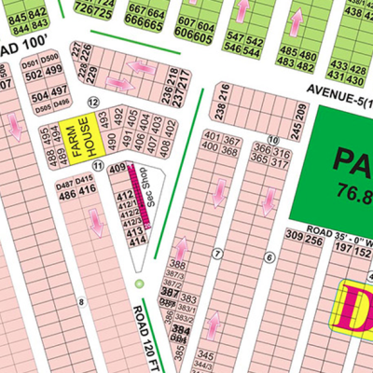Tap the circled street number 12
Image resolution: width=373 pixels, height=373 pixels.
tap(92, 102)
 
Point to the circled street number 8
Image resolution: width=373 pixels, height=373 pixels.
tap(82, 300)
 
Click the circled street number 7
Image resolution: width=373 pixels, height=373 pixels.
tap(216, 253)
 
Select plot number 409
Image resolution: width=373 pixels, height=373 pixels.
tap(117, 169)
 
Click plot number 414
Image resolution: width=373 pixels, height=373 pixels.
tap(138, 241)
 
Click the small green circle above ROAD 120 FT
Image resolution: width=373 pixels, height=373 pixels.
tap(139, 283)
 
